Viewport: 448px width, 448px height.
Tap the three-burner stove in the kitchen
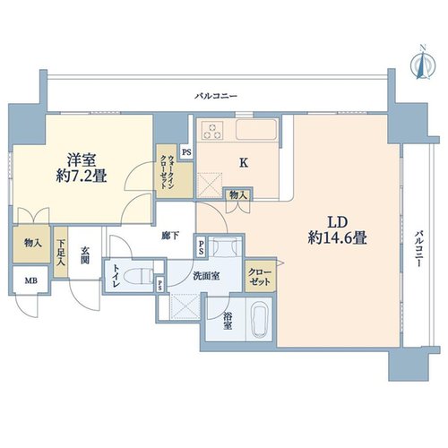212,131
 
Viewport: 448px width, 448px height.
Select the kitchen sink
256,129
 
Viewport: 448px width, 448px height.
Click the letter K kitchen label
244,163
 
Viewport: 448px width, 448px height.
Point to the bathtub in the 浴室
259,320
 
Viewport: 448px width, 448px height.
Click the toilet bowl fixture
138,276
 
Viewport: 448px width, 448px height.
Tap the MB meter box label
31,280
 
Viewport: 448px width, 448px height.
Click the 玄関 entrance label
85,255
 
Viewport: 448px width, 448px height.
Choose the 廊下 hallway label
170,236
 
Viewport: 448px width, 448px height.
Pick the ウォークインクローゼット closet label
167,171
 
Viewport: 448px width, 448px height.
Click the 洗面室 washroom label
206,276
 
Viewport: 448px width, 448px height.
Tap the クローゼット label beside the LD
260,277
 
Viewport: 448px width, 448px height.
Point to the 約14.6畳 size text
338,238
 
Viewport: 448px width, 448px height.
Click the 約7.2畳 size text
82,176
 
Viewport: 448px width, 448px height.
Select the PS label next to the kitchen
186,152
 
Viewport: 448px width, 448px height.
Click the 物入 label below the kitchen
238,195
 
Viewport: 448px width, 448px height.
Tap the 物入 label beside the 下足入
33,244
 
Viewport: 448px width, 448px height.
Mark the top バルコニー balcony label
216,96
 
